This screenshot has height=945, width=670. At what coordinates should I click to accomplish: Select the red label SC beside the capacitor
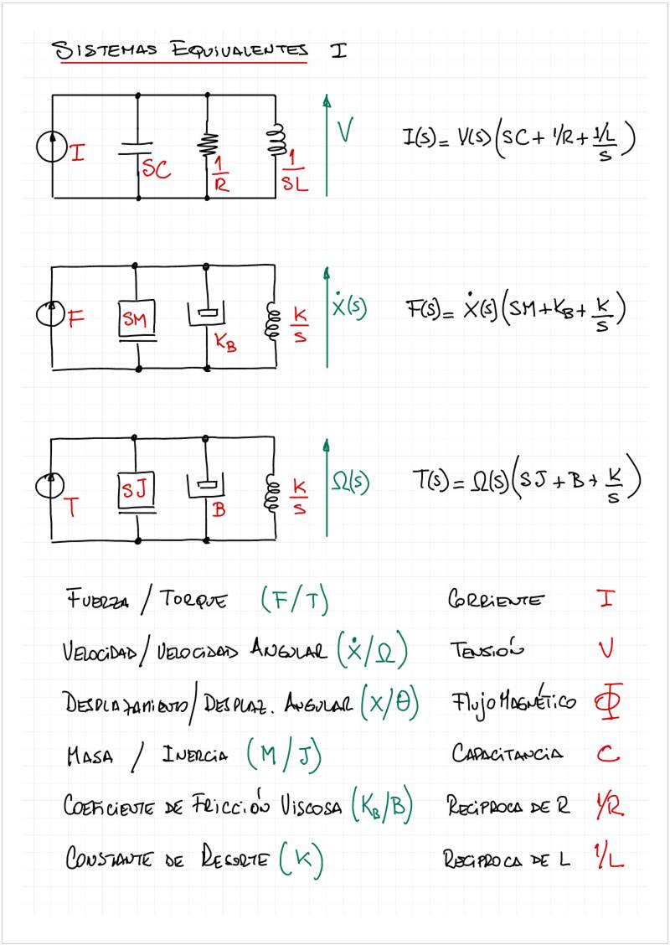pos(156,170)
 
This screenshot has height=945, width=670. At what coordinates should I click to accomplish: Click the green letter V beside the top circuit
pos(345,131)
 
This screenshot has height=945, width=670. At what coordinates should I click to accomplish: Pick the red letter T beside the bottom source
pos(71,507)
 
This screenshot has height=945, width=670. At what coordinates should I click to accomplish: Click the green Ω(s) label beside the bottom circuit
pos(350,483)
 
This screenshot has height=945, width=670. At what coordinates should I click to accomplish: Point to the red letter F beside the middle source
pos(75,318)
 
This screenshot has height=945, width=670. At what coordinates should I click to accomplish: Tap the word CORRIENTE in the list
pos(495,601)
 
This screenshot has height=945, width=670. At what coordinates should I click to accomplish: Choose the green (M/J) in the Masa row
pos(285,756)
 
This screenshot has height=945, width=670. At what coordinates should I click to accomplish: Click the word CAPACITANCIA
pos(507,754)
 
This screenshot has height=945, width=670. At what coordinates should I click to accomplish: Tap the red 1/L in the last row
pos(611,858)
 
